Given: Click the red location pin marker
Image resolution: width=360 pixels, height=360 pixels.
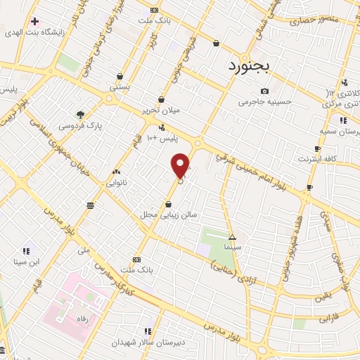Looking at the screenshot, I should tap(181, 165).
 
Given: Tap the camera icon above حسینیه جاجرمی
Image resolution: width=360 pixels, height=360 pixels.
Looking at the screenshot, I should tap(264, 91).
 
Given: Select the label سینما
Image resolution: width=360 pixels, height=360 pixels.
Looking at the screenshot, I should tap(232, 248).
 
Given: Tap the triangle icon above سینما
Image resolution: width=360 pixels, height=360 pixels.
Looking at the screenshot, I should tap(232, 237).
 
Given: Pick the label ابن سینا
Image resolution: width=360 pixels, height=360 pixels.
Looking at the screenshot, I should tap(25, 262).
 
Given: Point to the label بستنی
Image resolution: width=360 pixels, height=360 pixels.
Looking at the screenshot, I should tap(120, 87).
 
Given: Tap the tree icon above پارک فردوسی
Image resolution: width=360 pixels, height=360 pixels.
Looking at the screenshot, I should tap(82, 115).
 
